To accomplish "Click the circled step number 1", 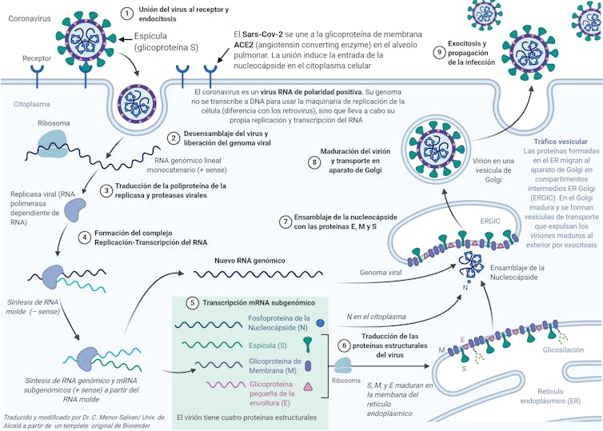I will [126, 13].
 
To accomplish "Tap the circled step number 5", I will [192, 303].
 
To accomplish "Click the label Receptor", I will [37, 58].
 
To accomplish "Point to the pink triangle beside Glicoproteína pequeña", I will [308, 388].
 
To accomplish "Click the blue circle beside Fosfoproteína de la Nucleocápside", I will [320, 323].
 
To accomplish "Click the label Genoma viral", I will [380, 273].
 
